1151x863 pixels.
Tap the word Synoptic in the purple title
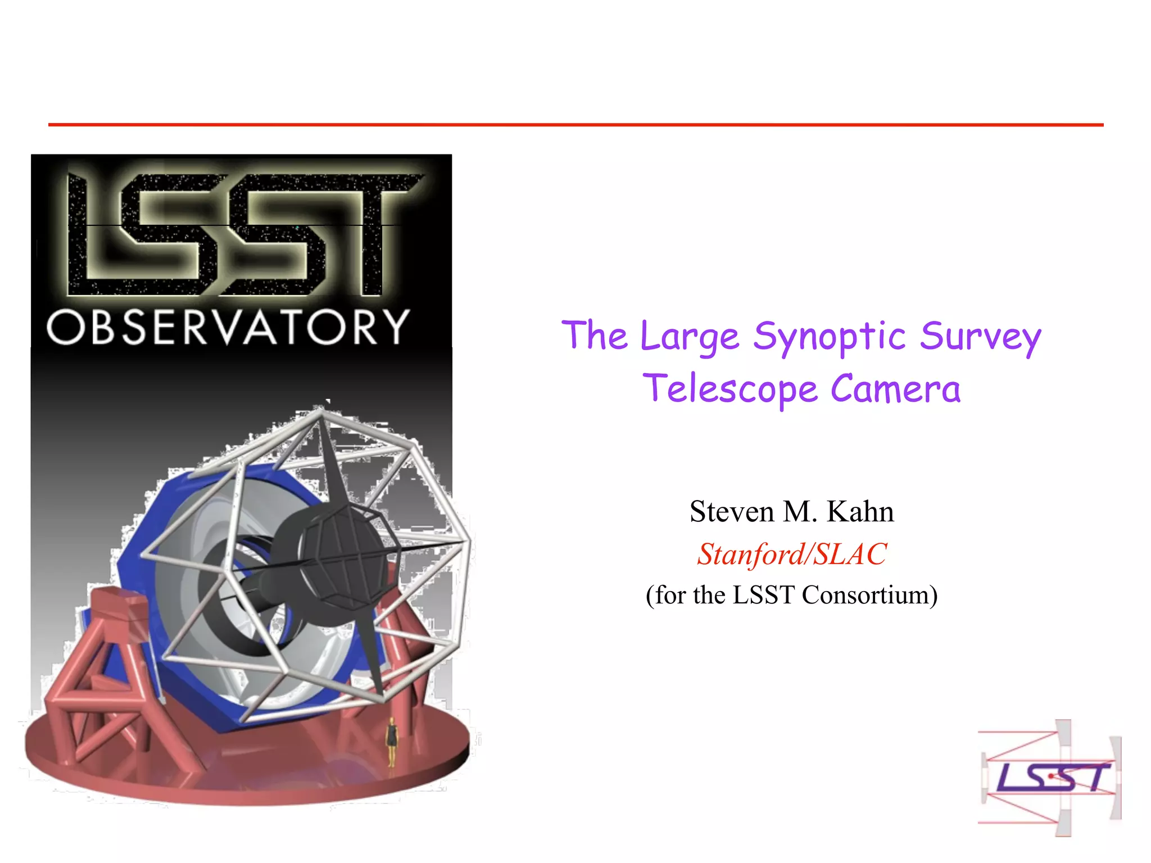tap(829, 337)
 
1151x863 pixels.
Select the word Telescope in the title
tap(730, 389)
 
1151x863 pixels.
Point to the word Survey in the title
tap(980, 337)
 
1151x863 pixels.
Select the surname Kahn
tap(860, 512)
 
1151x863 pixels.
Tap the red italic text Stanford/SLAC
tap(792, 554)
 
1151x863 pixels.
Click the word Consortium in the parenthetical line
tap(869, 595)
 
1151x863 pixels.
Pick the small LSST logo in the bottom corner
tap(1050, 778)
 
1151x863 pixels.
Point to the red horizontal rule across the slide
tap(575, 125)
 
